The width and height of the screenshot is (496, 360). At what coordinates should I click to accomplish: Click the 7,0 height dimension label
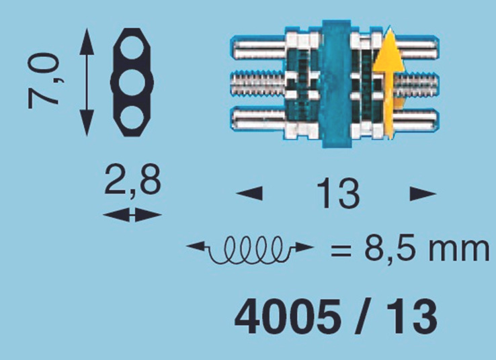[x=44, y=81]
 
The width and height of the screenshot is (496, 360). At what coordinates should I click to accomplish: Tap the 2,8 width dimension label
[x=132, y=180]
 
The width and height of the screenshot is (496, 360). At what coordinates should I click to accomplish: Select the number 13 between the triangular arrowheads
[x=338, y=193]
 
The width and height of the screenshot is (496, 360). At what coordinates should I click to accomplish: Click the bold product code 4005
[x=288, y=317]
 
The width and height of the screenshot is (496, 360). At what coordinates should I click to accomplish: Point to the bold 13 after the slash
[x=411, y=317]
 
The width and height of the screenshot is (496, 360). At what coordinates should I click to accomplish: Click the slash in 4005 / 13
[x=364, y=317]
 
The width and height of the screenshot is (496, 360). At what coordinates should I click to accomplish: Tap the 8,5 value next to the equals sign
[x=391, y=249]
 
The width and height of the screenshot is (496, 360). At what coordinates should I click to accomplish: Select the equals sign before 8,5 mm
[x=341, y=251]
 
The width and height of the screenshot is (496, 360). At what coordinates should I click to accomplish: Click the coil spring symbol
[x=250, y=249]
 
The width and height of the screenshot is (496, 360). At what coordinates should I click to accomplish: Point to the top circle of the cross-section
[x=132, y=48]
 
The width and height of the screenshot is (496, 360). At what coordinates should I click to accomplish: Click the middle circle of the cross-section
[x=132, y=82]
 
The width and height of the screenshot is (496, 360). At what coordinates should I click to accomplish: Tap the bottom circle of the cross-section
[x=132, y=117]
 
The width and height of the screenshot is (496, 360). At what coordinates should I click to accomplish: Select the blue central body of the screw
[x=337, y=84]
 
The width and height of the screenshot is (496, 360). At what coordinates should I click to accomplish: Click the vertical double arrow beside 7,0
[x=87, y=82]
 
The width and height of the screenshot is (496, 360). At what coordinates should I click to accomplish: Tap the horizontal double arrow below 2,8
[x=132, y=215]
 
